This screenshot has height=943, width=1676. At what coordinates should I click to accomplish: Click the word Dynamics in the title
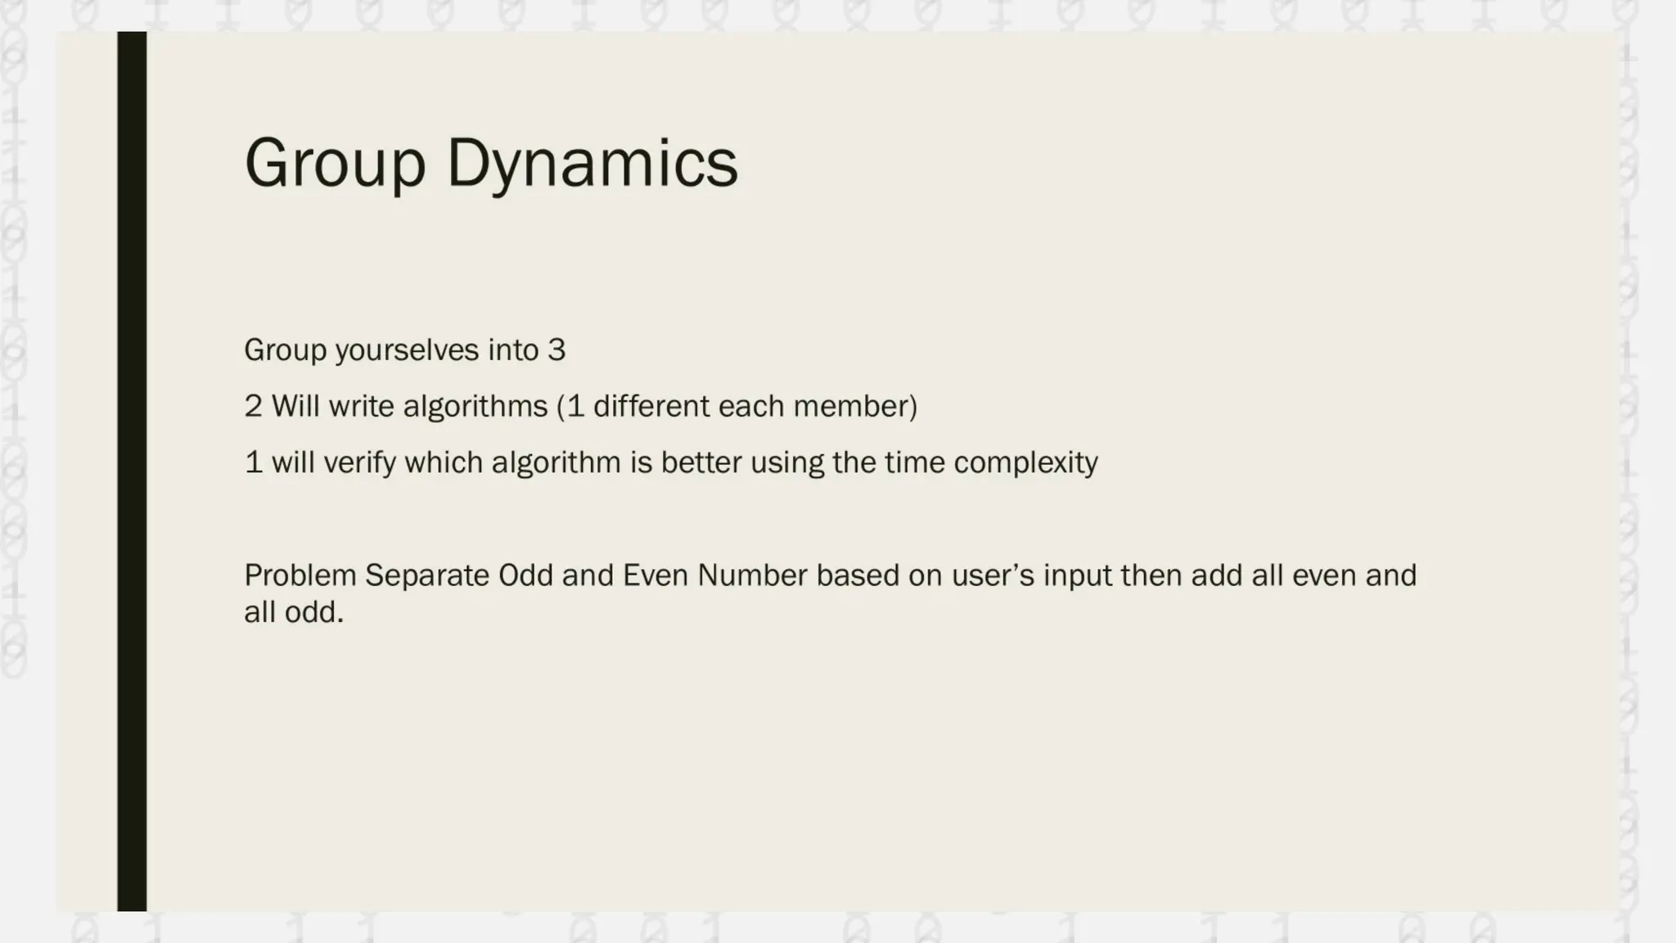pyautogui.click(x=592, y=164)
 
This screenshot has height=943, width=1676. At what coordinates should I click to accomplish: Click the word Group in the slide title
pyautogui.click(x=335, y=164)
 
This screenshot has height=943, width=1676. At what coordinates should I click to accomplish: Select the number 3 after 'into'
pyautogui.click(x=556, y=350)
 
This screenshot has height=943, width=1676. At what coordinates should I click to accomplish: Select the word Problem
pyautogui.click(x=300, y=575)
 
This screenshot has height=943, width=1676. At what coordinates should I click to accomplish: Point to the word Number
pyautogui.click(x=752, y=575)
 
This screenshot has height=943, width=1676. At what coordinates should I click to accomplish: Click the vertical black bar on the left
pyautogui.click(x=132, y=471)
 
